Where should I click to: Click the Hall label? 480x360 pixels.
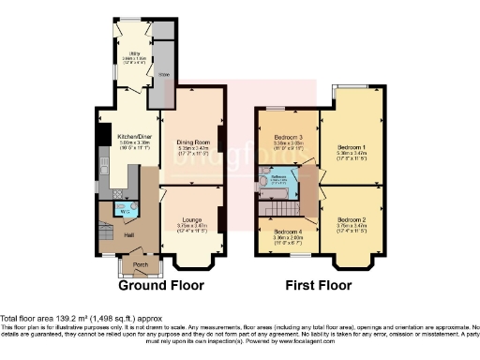coord(128,235)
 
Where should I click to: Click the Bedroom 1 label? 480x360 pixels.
coord(351,147)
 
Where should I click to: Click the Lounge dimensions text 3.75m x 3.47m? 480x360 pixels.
coord(191,226)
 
